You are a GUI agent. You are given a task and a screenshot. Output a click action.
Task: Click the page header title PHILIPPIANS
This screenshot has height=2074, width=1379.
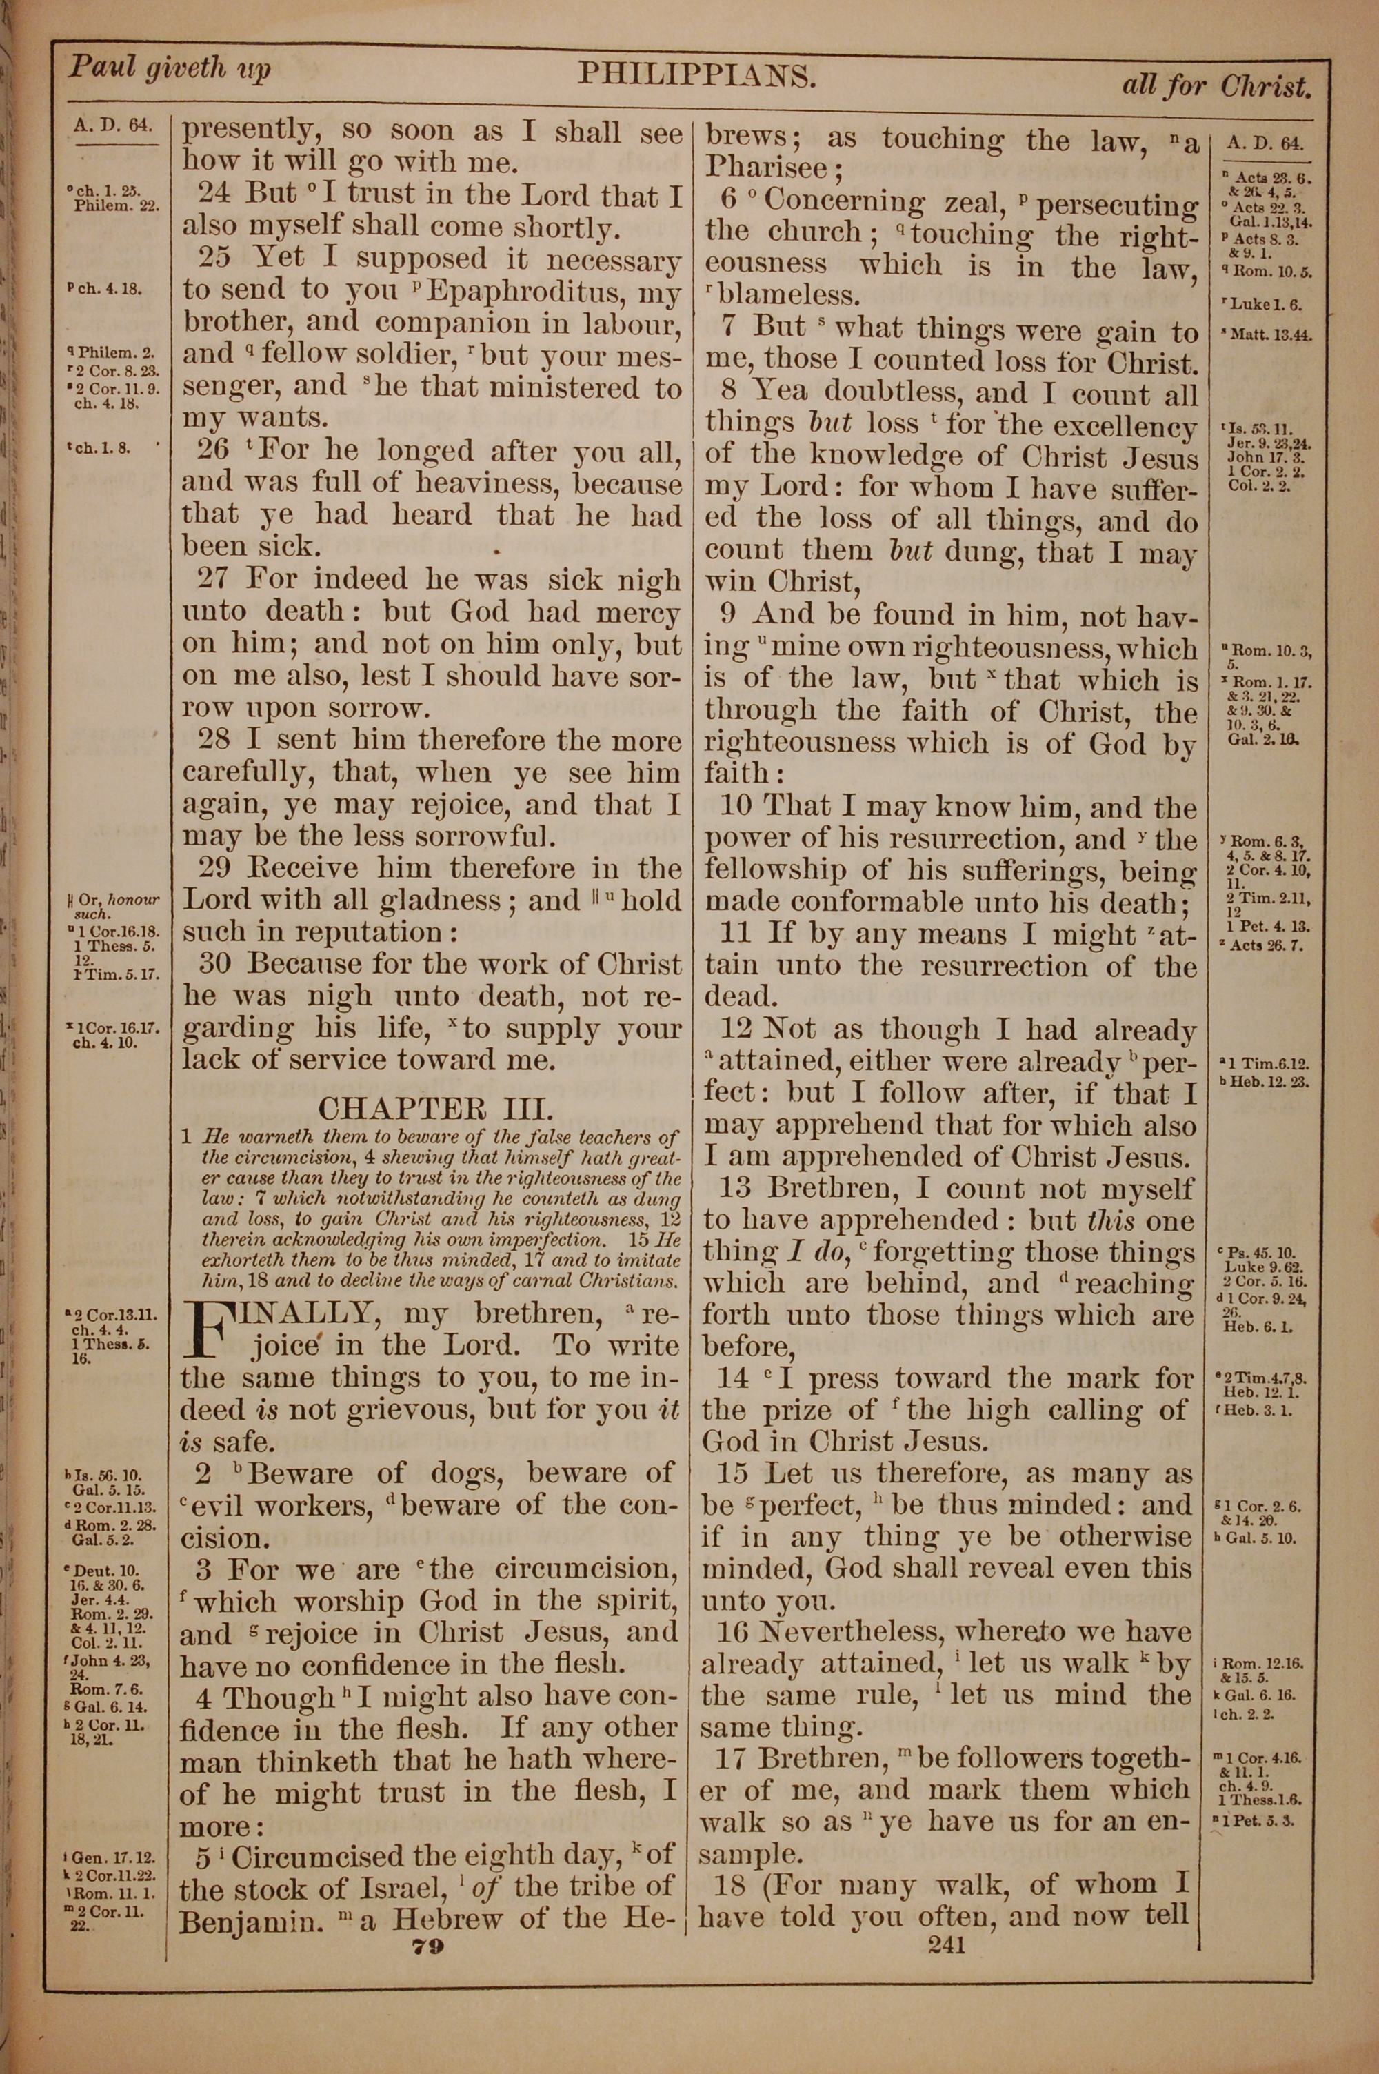pos(697,76)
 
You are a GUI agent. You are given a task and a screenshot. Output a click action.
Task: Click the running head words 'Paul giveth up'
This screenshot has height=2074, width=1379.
pos(170,68)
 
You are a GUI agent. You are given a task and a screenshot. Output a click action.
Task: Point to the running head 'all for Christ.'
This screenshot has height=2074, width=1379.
pos(1216,85)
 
